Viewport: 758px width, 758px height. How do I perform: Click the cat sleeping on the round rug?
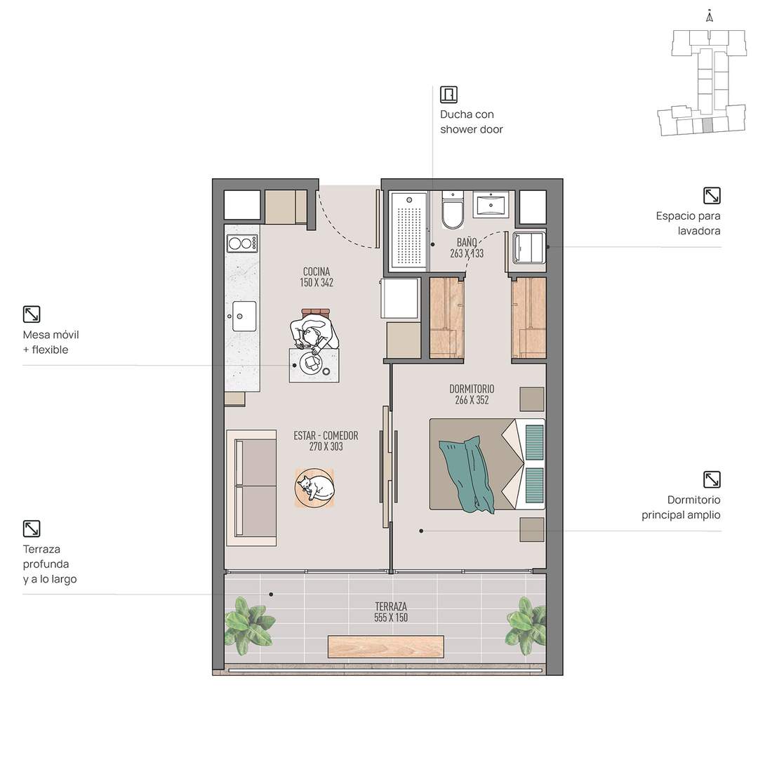[315, 487]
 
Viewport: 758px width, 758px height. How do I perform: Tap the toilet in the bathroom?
[453, 211]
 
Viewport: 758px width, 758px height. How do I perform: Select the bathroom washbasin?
[490, 204]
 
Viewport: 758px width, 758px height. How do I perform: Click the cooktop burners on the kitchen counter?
[242, 243]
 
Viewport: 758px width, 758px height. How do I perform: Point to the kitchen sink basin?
[244, 316]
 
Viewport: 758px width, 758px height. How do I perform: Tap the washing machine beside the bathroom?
[529, 248]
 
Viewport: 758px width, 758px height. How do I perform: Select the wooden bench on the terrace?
[386, 647]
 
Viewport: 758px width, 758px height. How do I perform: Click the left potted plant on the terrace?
[248, 622]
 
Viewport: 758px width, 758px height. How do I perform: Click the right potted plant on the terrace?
[525, 625]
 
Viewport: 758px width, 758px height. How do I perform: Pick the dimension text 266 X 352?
[472, 400]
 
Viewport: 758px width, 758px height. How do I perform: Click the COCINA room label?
[317, 272]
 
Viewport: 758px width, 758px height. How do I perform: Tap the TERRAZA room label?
[391, 606]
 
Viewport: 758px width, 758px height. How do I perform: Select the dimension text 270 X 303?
[326, 446]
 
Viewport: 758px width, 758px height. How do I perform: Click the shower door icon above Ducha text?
[448, 94]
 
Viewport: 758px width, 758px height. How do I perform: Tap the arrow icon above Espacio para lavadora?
[712, 196]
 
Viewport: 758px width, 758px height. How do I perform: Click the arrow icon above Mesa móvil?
[32, 314]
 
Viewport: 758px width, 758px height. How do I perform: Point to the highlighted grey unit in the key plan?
[707, 125]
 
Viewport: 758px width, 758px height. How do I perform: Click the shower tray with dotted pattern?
[409, 230]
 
